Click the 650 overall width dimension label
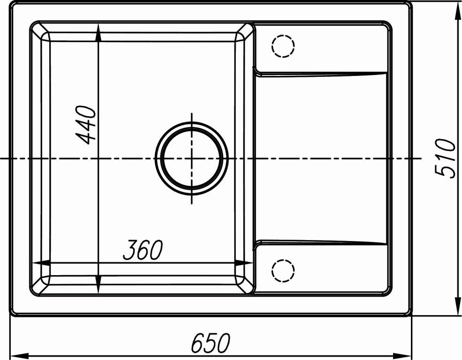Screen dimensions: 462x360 [x=210, y=343]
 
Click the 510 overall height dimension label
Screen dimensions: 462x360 [x=445, y=158]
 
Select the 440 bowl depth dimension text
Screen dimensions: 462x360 [x=86, y=125]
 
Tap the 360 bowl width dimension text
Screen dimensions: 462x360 [x=143, y=250]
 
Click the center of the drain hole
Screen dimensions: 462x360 [x=191, y=158]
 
